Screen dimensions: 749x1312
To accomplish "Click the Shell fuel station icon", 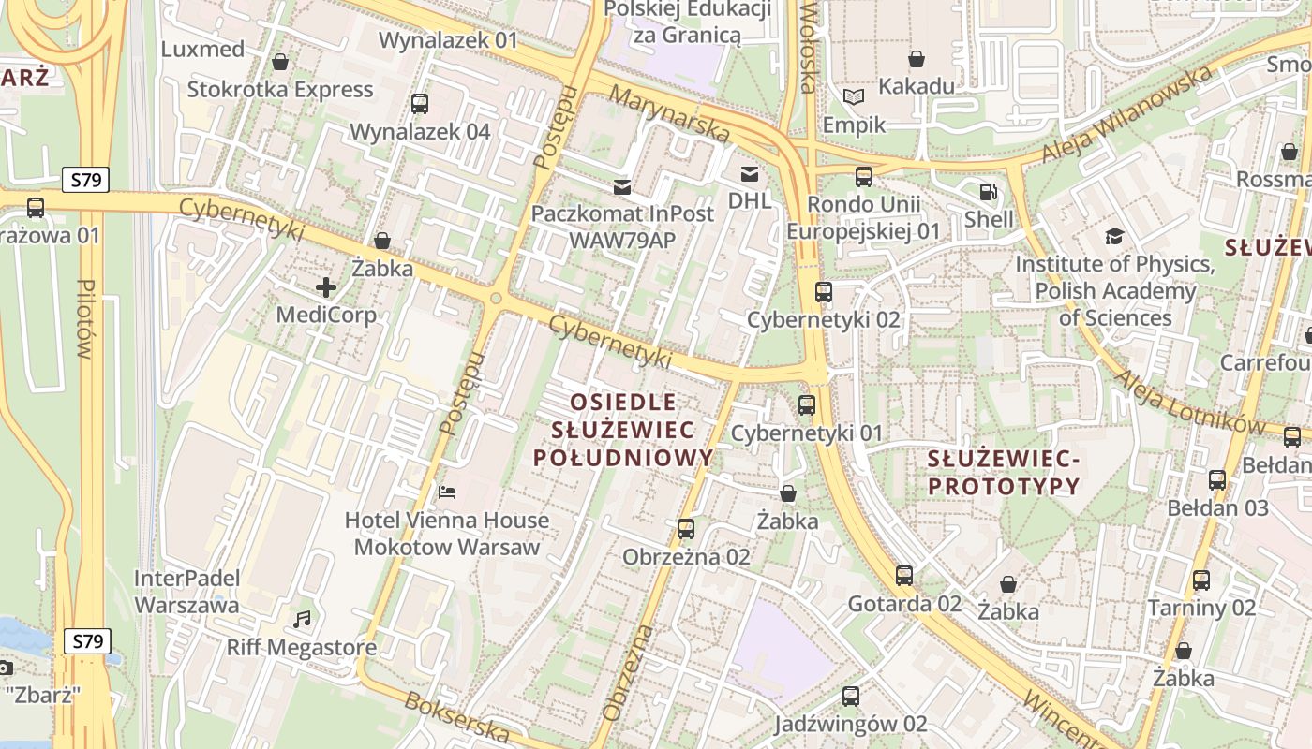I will point(988,193).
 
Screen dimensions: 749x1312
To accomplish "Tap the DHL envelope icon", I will point(749,174).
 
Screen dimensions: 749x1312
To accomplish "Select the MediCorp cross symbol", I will point(326,287).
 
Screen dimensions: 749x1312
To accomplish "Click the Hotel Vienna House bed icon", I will point(447,492).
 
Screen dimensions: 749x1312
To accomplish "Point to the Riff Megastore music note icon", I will point(301,620).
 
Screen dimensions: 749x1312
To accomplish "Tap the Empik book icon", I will point(853,97).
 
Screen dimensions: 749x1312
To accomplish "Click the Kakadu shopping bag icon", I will point(916,59).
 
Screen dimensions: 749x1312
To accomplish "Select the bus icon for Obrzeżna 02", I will point(686,529).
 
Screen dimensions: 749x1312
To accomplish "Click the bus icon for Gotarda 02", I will point(903,576).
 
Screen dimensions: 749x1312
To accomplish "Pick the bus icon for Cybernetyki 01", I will point(806,405).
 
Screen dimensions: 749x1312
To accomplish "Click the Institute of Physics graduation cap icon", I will point(1113,237).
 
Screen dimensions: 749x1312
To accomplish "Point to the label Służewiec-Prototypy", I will point(1004,473).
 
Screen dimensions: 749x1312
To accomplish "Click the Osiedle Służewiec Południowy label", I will point(623,430).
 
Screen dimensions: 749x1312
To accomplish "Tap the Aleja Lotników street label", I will point(1189,401).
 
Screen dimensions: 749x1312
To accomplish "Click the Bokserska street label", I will point(456,716).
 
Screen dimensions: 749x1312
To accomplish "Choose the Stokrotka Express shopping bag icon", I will point(279,63).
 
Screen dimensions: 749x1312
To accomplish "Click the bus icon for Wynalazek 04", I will point(420,104).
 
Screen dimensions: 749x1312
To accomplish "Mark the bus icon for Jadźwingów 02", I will point(850,697).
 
